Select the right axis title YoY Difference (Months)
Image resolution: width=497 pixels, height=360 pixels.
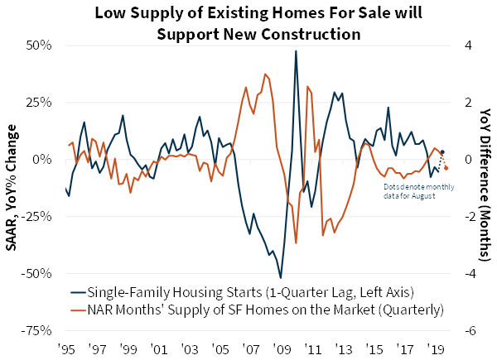pos(485,188)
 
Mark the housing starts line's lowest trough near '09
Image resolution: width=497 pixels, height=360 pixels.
pos(281,277)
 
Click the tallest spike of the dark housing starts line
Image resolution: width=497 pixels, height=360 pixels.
pos(296,50)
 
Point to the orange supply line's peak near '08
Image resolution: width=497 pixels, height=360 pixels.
pos(265,74)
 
